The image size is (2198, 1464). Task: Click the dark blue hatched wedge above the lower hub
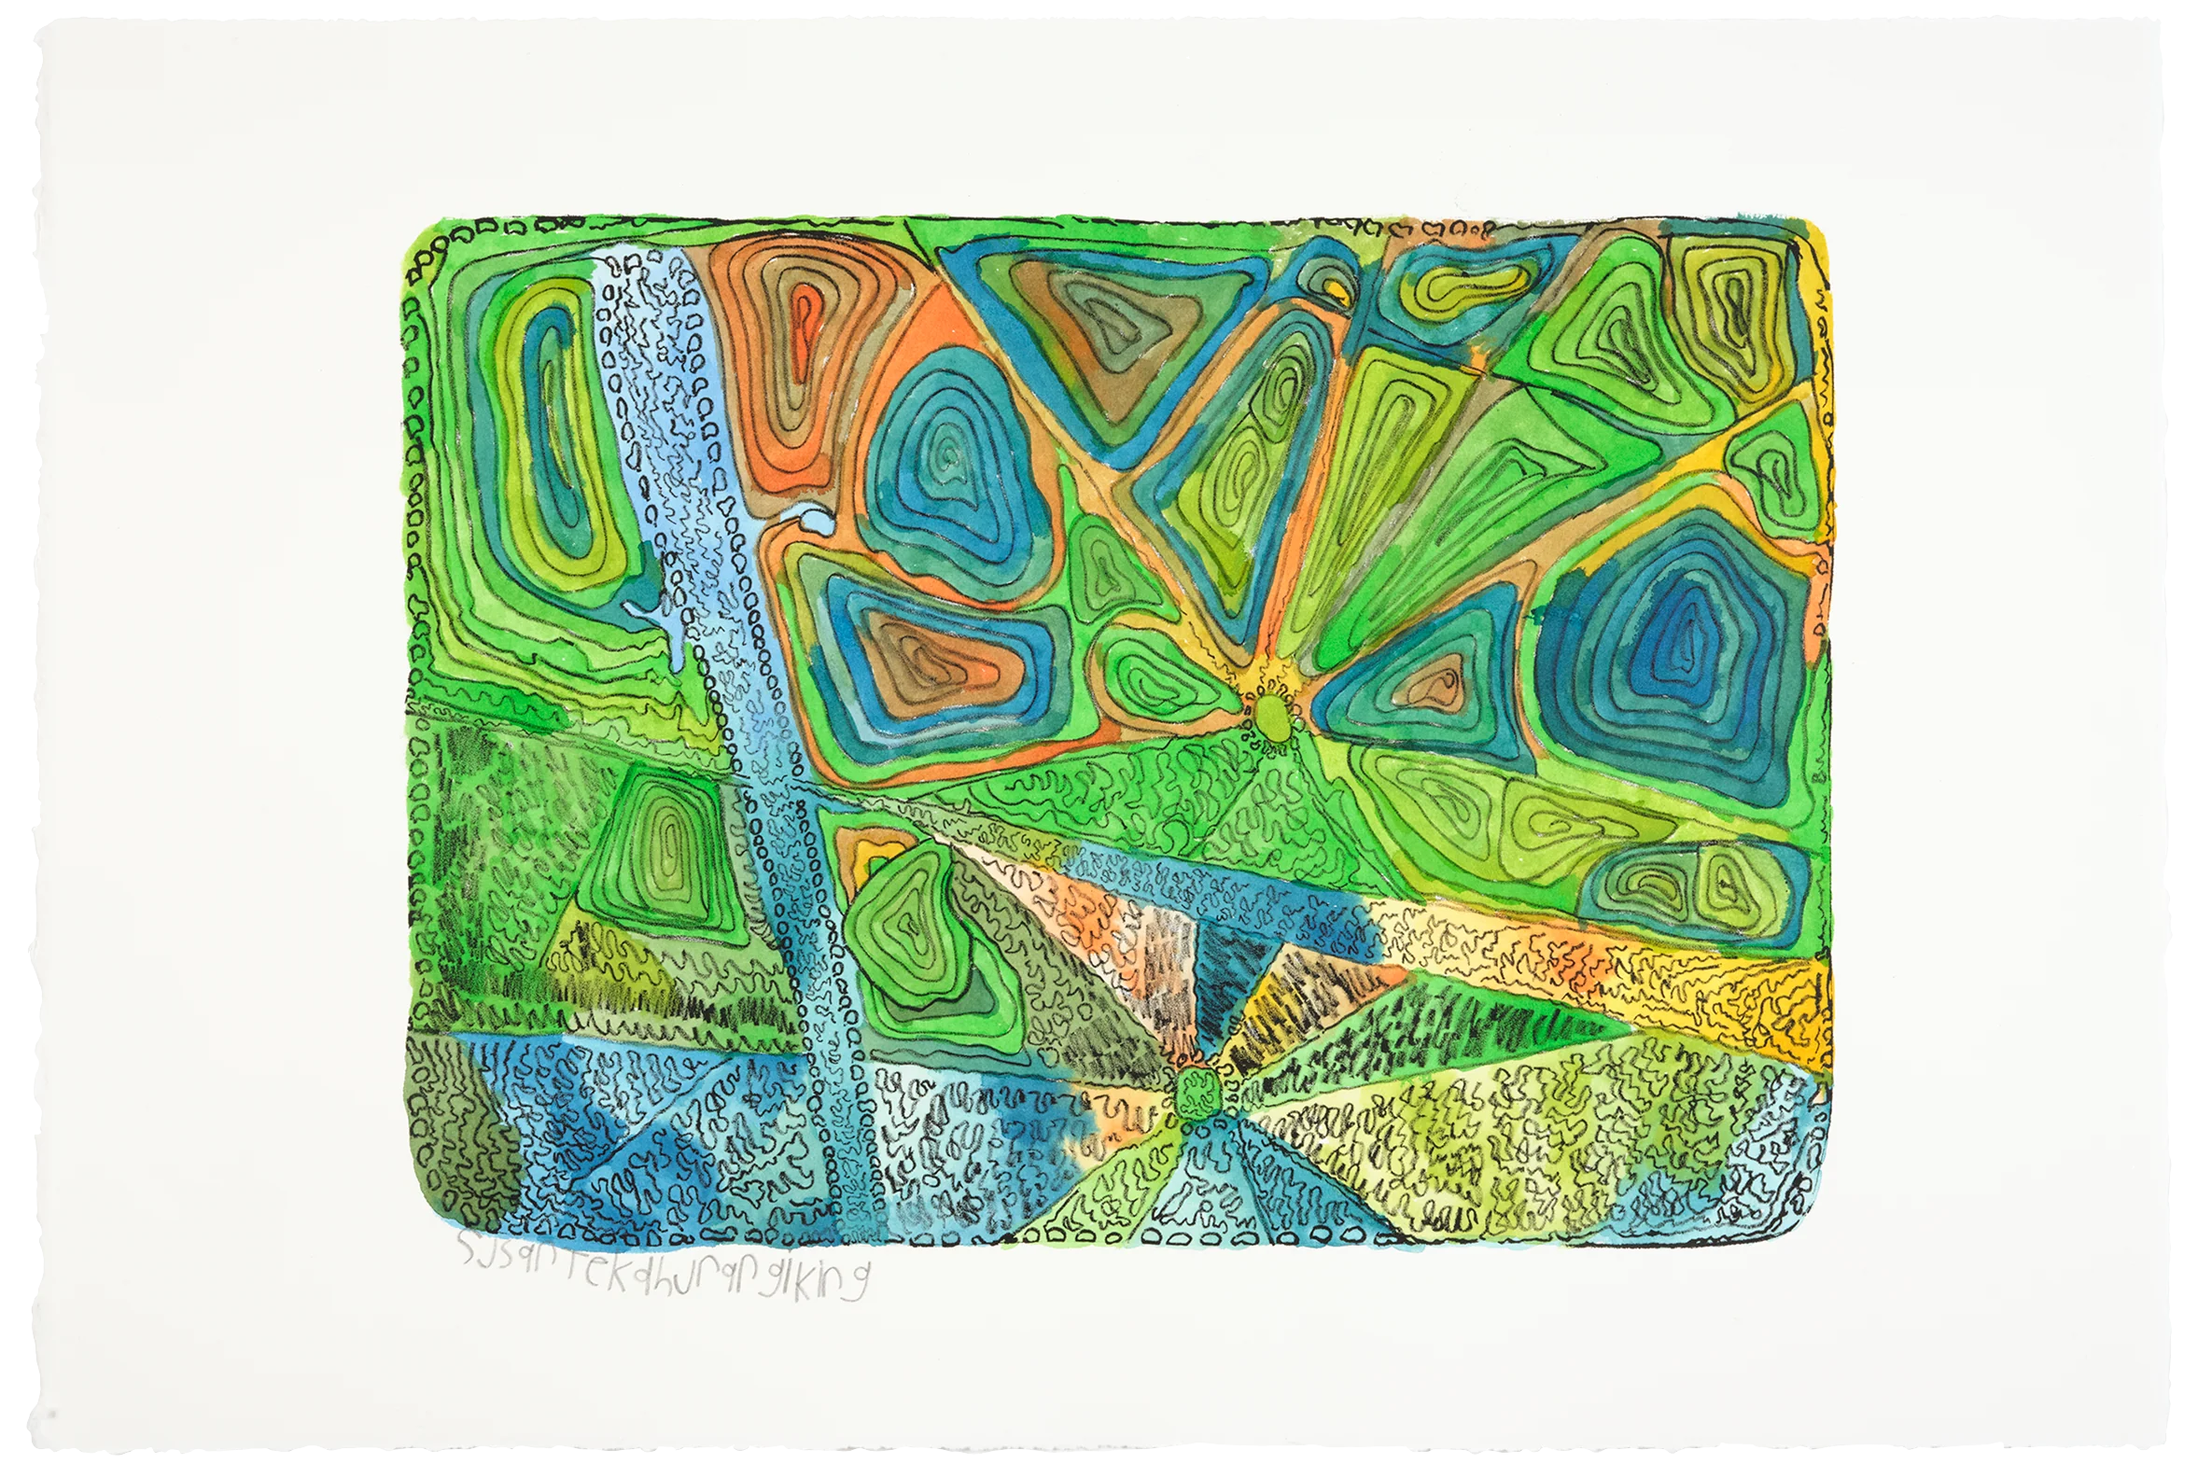pyautogui.click(x=1224, y=990)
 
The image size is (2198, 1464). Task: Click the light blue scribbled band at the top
pyautogui.click(x=653, y=373)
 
